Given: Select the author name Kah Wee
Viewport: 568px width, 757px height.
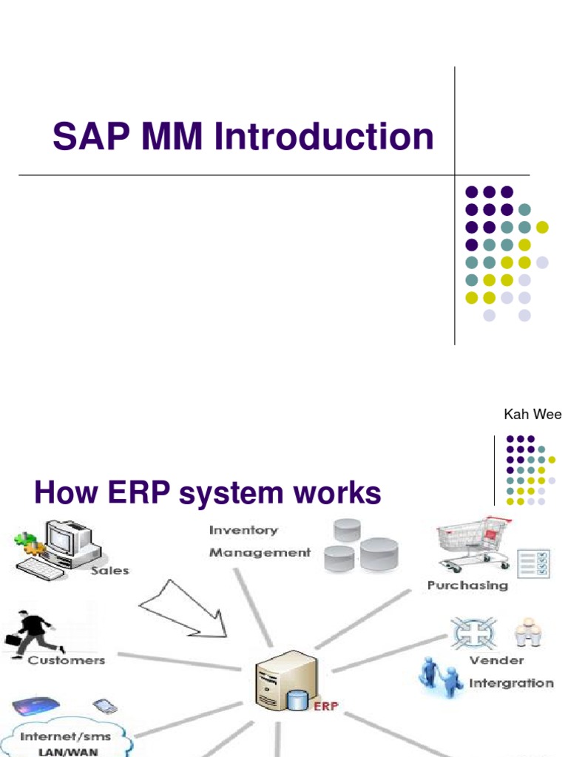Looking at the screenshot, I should point(532,415).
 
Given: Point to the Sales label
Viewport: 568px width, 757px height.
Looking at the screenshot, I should point(109,570).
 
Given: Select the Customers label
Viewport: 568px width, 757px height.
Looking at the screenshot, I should point(67,659).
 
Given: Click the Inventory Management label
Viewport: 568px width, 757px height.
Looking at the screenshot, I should point(259,541).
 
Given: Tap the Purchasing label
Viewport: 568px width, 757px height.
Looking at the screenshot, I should point(467,585).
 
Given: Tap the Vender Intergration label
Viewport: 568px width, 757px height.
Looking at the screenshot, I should point(510,671).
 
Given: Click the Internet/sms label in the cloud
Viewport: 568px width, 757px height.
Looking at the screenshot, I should point(65,737).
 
